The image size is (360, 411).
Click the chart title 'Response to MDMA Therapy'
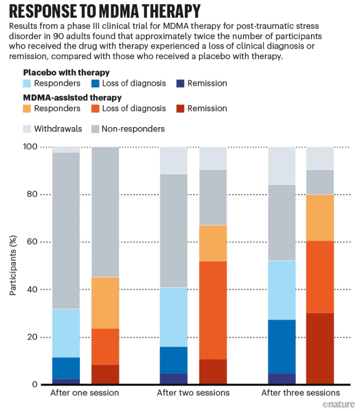click(105, 11)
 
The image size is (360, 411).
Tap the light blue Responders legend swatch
click(27, 83)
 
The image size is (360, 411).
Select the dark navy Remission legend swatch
click(180, 83)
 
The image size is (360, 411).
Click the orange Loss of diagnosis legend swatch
click(95, 109)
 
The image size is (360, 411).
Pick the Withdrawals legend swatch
click(27, 129)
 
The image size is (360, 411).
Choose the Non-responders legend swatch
click(95, 129)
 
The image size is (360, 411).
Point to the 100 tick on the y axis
click(30, 146)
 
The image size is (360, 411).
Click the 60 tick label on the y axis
click(32, 241)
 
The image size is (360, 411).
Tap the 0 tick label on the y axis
click(35, 384)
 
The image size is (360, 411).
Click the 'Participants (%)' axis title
click(13, 265)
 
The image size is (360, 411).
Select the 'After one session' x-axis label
click(85, 393)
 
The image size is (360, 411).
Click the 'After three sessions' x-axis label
click(300, 393)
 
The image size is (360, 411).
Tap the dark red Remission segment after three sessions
click(320, 348)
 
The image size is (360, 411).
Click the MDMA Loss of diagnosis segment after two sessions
click(213, 310)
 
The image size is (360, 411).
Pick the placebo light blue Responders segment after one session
click(66, 333)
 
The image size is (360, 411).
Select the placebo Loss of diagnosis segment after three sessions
click(282, 347)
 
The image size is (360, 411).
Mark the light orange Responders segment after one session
click(105, 303)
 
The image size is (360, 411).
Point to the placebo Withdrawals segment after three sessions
click(282, 166)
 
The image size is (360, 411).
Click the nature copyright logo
click(338, 404)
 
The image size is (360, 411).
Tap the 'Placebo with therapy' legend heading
click(66, 72)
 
